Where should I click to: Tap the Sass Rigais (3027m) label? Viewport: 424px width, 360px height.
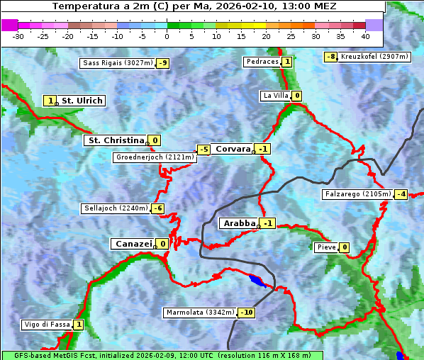118,63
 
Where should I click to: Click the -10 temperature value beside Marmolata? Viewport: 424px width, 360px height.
247,313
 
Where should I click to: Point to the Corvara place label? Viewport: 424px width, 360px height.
233,149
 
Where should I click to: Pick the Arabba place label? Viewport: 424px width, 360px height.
239,223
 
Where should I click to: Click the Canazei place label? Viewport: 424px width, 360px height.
133,244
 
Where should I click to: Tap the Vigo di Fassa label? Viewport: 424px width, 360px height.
48,325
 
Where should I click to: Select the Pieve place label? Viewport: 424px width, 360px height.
326,247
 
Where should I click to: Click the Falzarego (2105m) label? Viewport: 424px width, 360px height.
357,193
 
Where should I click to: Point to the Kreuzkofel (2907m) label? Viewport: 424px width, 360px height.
374,57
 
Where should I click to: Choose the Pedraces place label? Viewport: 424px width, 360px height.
262,62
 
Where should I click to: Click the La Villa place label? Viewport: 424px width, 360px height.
275,96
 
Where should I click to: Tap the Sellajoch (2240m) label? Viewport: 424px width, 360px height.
116,208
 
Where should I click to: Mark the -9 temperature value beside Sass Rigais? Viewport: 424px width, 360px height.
163,63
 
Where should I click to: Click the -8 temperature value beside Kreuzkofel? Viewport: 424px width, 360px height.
330,57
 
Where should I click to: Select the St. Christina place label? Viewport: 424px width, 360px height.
116,140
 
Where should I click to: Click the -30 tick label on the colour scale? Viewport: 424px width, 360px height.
18,36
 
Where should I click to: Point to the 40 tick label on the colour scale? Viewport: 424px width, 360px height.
365,36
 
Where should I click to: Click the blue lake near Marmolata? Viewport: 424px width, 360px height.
258,281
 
